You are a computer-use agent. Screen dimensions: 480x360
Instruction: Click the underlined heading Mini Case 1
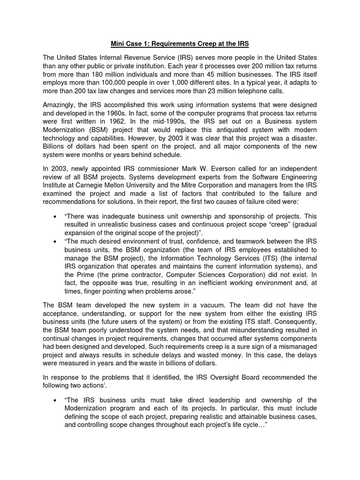click(180, 44)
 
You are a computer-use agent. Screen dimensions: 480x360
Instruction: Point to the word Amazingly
click(61, 105)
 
